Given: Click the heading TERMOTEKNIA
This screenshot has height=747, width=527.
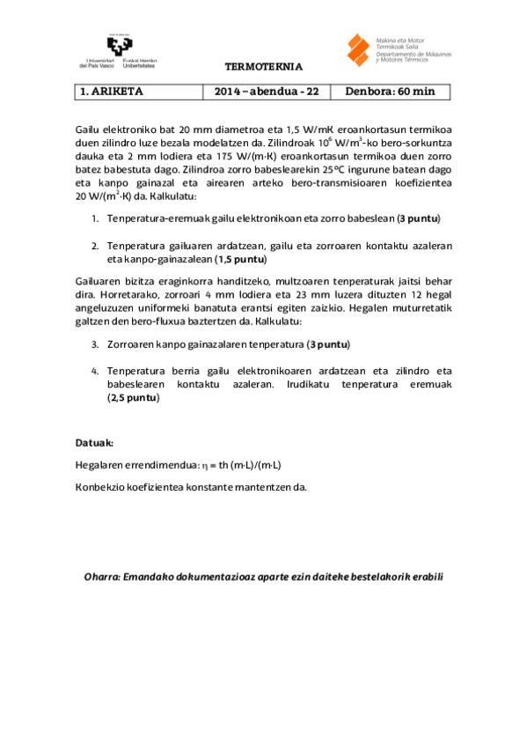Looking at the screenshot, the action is [264, 67].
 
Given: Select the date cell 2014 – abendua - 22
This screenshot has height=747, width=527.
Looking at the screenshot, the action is [267, 91].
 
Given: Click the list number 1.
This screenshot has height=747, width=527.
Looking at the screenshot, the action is [95, 218].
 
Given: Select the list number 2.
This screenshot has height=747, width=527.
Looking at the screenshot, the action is [95, 246].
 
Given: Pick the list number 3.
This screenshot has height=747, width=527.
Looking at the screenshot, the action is [95, 344].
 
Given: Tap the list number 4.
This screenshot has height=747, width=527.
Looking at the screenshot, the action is [95, 372].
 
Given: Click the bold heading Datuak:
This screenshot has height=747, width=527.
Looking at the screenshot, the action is [95, 442].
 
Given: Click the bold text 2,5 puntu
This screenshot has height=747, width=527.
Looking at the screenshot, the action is [134, 398].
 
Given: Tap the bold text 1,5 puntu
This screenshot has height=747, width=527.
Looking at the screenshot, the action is [242, 260].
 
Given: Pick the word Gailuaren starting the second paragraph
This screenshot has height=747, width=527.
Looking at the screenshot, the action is [98, 281].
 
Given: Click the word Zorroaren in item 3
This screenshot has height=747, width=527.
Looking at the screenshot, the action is [128, 344].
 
